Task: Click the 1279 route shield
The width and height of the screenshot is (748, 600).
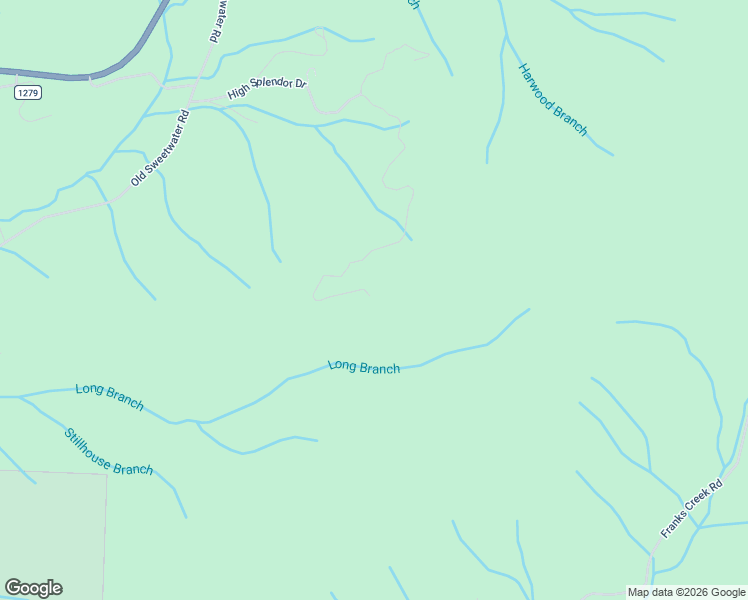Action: tap(27, 93)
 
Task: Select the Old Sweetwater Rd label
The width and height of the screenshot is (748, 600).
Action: tap(159, 148)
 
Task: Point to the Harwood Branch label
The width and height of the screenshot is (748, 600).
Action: tap(552, 100)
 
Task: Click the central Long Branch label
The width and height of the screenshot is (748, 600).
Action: tap(364, 367)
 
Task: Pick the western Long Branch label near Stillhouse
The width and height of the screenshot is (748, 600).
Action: tap(110, 396)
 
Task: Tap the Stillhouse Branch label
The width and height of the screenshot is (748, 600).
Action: tap(109, 452)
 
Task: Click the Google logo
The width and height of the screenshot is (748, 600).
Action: tap(33, 588)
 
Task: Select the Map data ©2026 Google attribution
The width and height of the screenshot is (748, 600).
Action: tap(686, 592)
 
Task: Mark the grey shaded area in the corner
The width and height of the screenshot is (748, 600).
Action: tap(50, 530)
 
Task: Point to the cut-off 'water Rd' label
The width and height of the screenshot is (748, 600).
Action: tap(215, 20)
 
